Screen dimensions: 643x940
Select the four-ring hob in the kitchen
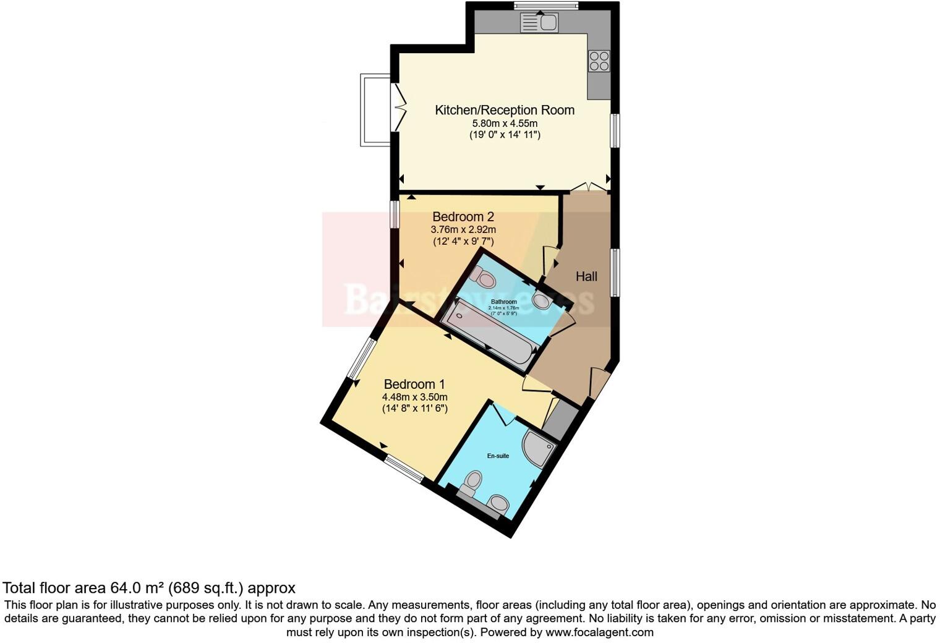[599, 61]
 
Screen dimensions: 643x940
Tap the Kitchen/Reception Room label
[505, 110]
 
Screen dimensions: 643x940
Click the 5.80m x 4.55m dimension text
[505, 123]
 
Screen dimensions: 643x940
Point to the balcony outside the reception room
[375, 110]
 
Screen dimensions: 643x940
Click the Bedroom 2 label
[463, 217]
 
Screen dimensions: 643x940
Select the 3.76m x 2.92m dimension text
[463, 229]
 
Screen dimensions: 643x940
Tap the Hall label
[586, 276]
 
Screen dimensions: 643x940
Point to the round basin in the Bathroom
[542, 301]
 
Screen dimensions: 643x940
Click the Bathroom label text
[503, 302]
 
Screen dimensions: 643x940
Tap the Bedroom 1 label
[414, 384]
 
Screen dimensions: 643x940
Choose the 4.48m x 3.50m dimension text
[414, 397]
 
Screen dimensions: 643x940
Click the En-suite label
[498, 456]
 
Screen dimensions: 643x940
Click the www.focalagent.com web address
[599, 632]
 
